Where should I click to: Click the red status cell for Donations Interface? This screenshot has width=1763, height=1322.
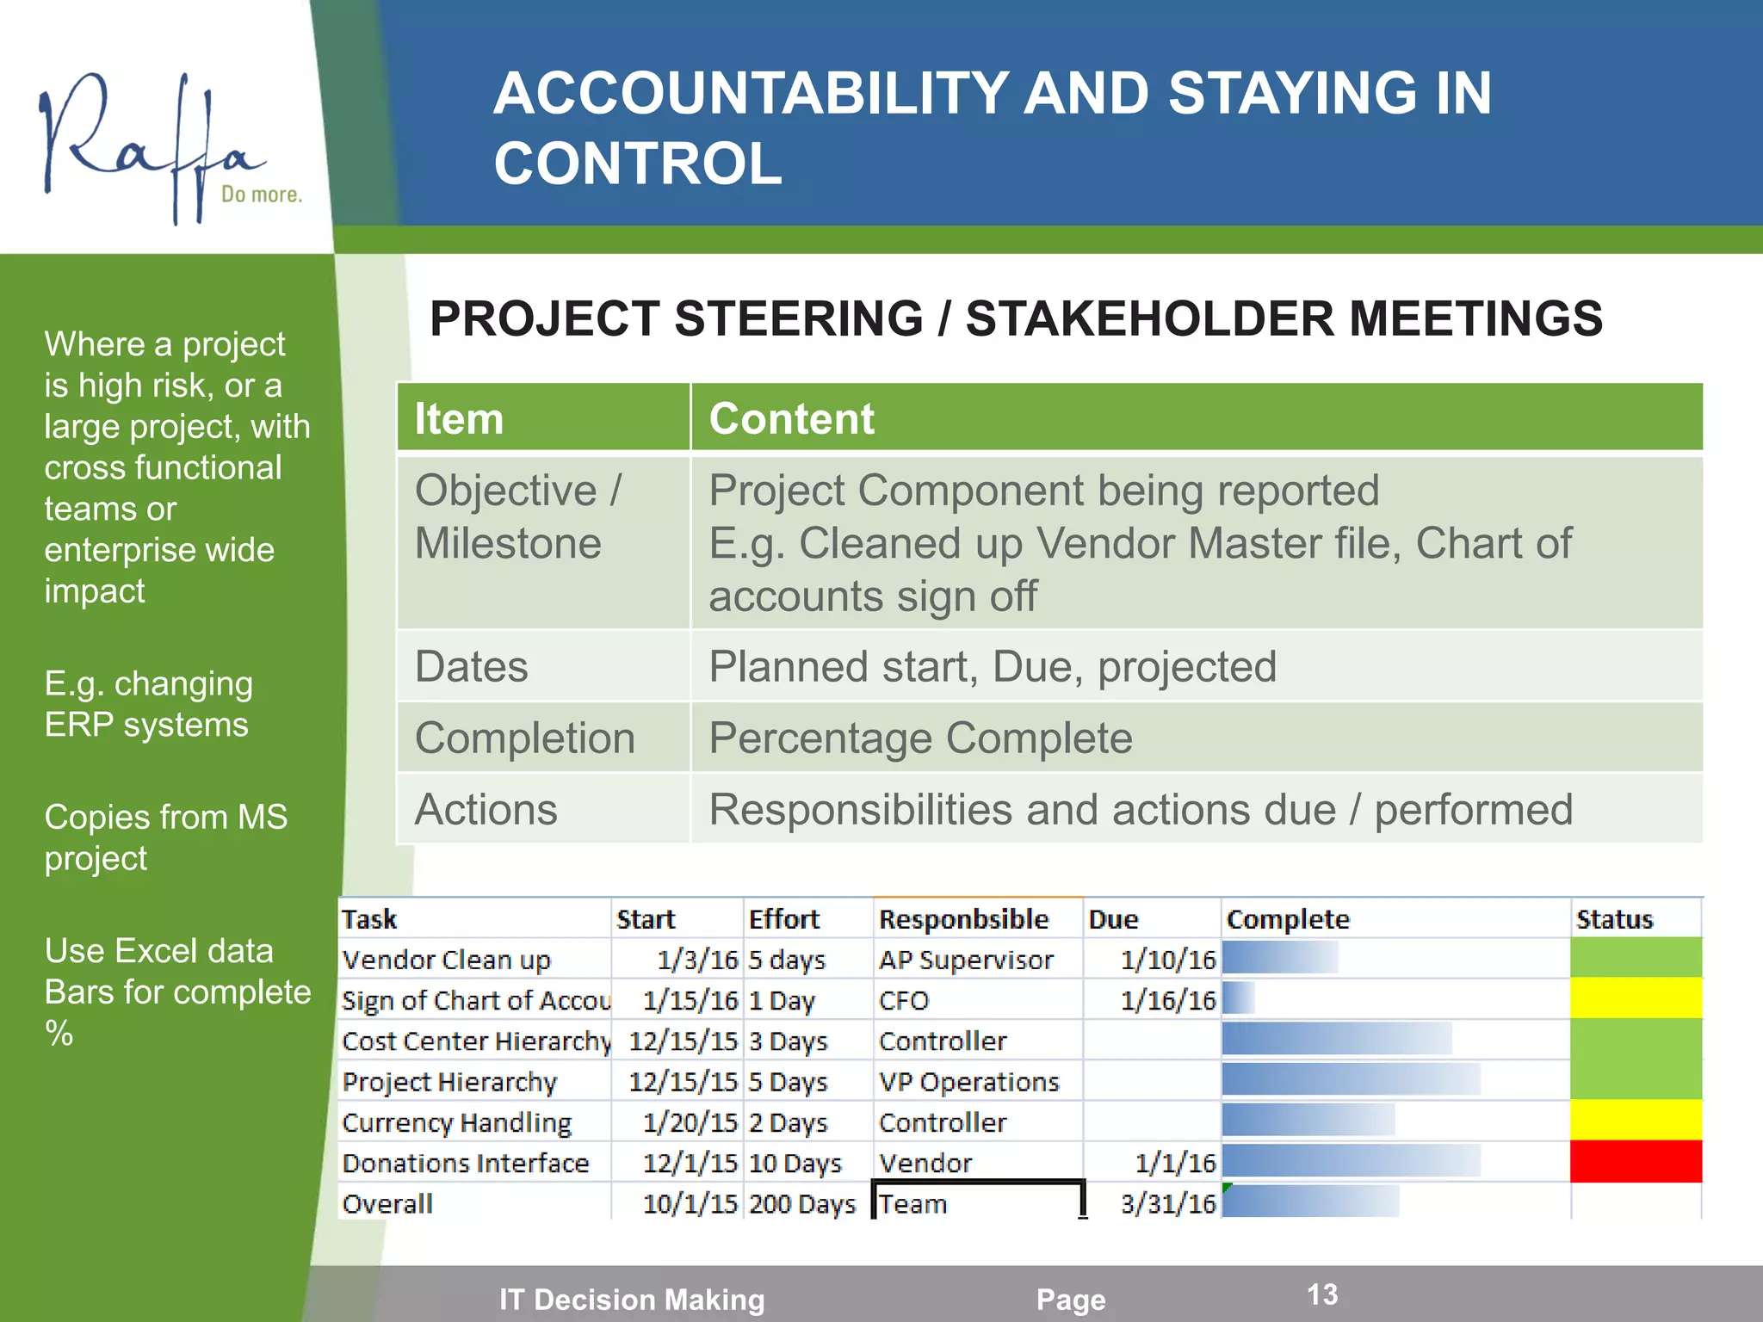1636,1162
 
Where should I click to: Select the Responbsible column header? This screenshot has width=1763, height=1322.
963,919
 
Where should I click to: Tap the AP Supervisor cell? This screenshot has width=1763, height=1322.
966,960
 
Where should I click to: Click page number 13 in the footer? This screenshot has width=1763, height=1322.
1322,1294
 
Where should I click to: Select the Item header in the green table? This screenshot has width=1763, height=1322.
459,418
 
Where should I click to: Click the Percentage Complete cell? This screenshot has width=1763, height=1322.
920,738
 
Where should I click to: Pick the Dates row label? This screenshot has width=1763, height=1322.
472,666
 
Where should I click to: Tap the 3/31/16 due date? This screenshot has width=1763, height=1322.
1168,1203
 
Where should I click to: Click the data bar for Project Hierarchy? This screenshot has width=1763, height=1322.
1350,1079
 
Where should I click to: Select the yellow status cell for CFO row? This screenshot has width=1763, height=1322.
1636,999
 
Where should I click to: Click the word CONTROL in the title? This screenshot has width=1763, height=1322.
638,164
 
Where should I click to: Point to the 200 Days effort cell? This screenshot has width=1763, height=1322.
802,1203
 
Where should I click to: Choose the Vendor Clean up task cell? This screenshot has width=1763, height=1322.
446,960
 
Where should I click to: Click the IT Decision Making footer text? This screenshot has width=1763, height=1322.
632,1299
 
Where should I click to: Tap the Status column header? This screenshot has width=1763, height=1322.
1614,919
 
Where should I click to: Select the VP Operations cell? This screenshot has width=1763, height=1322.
968,1082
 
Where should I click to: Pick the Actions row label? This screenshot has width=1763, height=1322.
486,809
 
